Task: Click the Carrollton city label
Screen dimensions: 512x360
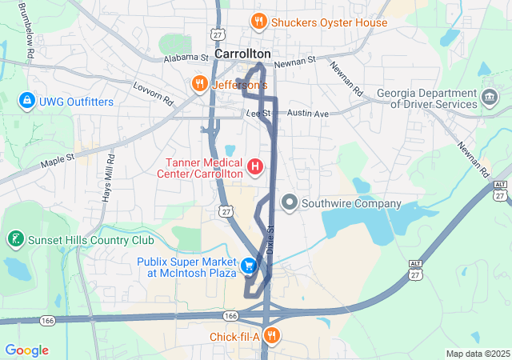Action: click(x=242, y=53)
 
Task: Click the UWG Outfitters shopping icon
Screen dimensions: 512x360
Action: click(x=26, y=101)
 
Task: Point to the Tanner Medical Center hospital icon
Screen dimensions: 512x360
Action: click(x=255, y=166)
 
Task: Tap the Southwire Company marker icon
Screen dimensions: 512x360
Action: click(x=290, y=203)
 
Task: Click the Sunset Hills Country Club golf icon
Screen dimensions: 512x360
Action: click(x=14, y=239)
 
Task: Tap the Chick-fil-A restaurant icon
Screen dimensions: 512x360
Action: click(x=272, y=336)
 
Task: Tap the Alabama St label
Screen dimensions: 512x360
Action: click(x=184, y=58)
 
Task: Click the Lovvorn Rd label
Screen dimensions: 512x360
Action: click(x=153, y=94)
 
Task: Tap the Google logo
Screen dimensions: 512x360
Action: click(x=26, y=350)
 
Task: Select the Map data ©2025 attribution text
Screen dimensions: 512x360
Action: click(x=477, y=354)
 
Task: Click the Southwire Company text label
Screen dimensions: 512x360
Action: click(x=351, y=203)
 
